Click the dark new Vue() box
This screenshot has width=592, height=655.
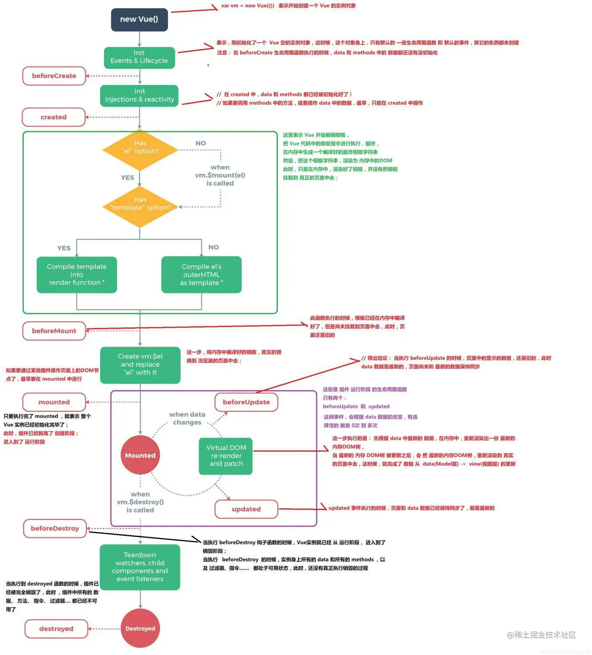click(139, 19)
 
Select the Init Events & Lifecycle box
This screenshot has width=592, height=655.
click(139, 57)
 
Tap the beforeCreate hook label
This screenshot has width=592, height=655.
click(54, 76)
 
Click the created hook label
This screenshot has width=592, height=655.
click(54, 117)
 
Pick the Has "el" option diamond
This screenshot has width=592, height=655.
click(140, 150)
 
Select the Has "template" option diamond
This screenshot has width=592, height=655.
click(140, 207)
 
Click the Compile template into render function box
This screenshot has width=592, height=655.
click(77, 275)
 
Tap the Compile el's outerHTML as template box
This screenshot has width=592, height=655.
click(201, 275)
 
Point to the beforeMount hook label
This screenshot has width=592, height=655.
click(54, 331)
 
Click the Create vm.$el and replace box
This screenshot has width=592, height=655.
click(140, 365)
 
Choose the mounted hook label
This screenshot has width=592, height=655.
click(54, 402)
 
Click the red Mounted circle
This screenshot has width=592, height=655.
click(140, 456)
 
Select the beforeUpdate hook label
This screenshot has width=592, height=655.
click(246, 402)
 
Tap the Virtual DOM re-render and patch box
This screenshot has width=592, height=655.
click(226, 456)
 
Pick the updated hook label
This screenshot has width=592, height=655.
click(246, 509)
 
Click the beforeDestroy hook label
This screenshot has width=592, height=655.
click(55, 529)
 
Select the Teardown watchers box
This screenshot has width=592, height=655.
click(140, 567)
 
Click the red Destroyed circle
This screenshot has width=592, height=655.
click(140, 628)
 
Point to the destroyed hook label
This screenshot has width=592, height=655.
click(56, 629)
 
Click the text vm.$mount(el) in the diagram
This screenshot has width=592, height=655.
click(220, 175)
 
